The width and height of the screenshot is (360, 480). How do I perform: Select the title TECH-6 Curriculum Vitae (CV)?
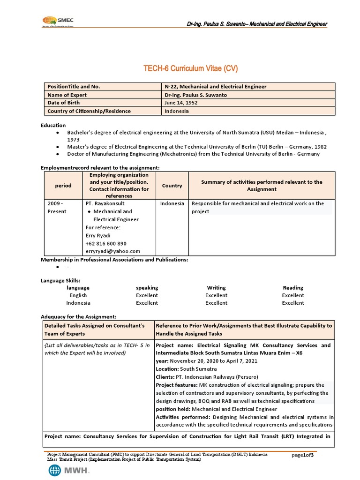point(191,68)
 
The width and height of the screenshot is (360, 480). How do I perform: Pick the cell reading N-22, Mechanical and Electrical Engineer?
point(215,87)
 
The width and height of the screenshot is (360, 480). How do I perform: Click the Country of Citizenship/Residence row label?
point(89,111)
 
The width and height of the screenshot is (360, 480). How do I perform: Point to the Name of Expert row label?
point(67,95)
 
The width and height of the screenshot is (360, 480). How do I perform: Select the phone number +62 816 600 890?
point(106,243)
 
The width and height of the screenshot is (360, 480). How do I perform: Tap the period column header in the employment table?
point(63,186)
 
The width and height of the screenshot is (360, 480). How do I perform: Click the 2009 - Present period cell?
point(58,207)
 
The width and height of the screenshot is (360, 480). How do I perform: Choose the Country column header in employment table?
point(172,186)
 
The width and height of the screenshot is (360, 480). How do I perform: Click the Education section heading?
point(53,125)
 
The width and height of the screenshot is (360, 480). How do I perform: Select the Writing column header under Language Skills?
point(216,287)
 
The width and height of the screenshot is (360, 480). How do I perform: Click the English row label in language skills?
point(78,295)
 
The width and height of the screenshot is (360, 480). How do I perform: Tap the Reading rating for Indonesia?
point(293,303)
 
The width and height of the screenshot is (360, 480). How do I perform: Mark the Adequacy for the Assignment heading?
point(78,317)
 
